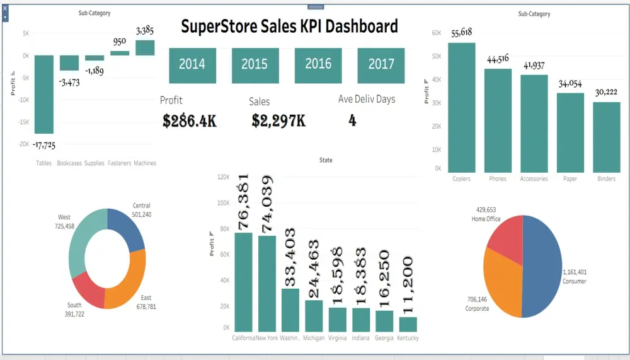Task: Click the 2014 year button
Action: click(192, 65)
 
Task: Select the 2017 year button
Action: click(381, 65)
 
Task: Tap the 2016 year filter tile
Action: click(318, 65)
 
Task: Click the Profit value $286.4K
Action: click(189, 121)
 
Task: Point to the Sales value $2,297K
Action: click(278, 121)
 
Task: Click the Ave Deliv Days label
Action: click(367, 100)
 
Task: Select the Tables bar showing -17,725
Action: click(44, 95)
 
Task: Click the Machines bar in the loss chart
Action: click(145, 48)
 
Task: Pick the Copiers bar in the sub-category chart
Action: click(462, 107)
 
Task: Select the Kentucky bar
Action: click(408, 324)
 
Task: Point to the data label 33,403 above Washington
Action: click(290, 265)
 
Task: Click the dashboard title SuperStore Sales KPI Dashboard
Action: click(289, 26)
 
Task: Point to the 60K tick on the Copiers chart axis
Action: click(437, 33)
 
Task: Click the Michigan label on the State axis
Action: click(314, 339)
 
